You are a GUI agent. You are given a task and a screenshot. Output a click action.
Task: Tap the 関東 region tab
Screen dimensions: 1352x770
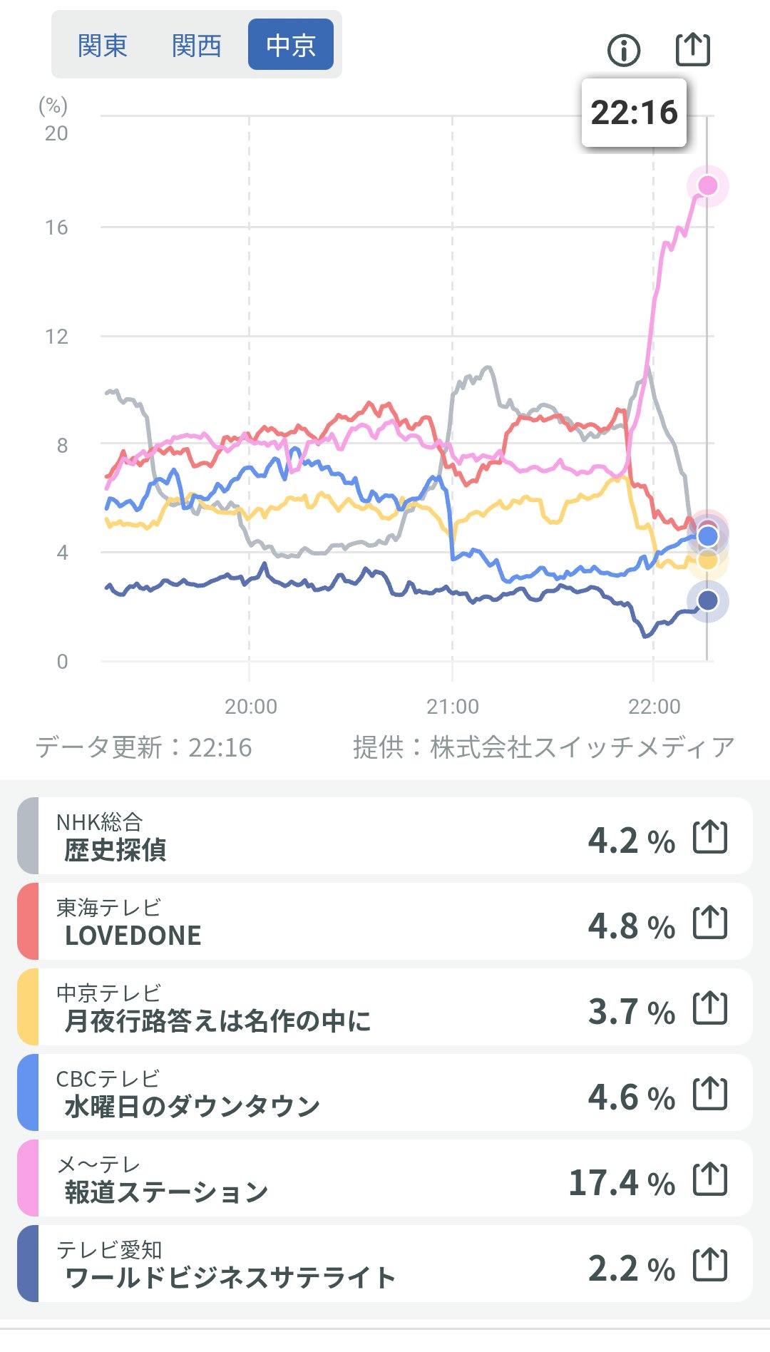(103, 46)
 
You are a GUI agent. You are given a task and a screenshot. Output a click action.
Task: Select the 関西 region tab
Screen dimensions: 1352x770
(197, 46)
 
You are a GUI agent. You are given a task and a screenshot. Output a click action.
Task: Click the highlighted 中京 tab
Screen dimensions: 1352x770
(291, 45)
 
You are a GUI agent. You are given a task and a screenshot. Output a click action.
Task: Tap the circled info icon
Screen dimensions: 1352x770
(624, 50)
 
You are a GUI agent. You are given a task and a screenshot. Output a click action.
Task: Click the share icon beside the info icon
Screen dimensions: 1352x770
(693, 49)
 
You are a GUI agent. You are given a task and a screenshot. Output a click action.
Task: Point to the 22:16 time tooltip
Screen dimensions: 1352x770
(634, 113)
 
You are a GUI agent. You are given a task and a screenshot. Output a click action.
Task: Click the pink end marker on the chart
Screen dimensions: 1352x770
(707, 185)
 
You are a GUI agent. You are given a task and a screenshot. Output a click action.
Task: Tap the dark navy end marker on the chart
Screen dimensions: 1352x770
(707, 601)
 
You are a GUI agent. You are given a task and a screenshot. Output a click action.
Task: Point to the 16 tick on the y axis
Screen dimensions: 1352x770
(56, 228)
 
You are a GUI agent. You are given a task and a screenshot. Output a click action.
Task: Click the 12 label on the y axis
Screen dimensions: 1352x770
(56, 337)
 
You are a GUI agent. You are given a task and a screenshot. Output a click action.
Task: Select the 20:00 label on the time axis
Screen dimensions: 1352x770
(250, 706)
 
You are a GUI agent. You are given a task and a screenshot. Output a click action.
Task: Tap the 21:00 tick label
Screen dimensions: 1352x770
(453, 706)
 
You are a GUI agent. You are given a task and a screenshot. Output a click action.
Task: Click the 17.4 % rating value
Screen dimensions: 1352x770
(621, 1183)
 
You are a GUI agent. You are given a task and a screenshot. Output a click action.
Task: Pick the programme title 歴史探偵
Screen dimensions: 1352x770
(115, 850)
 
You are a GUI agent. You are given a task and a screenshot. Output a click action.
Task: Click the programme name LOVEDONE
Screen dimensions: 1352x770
(133, 936)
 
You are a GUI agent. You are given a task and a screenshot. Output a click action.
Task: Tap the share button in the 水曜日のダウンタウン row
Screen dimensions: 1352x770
(710, 1093)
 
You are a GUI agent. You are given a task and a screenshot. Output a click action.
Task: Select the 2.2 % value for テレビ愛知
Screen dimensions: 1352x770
(631, 1269)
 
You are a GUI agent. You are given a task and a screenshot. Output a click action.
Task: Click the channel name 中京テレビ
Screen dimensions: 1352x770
(108, 993)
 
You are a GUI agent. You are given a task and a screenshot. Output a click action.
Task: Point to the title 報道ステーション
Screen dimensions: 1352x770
(166, 1192)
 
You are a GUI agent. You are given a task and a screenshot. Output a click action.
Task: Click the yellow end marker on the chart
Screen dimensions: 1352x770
(708, 560)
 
